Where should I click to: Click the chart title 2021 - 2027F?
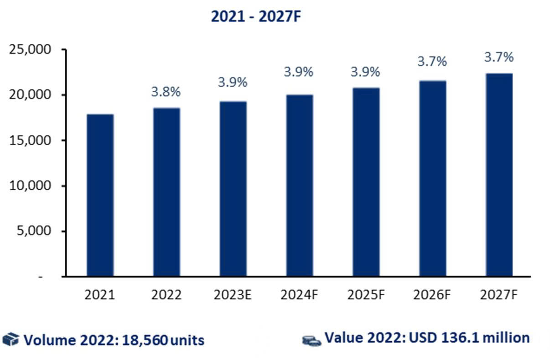[x=257, y=16]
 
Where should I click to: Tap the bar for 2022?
[x=166, y=192]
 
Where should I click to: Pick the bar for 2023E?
[x=233, y=189]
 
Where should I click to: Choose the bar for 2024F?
[x=300, y=186]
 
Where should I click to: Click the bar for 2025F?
[x=366, y=182]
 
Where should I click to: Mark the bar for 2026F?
[x=432, y=178]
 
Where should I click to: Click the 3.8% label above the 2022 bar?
[x=166, y=92]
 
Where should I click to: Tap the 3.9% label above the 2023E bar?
[x=233, y=83]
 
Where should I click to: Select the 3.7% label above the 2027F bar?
[x=499, y=57]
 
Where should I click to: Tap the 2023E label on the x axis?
[x=233, y=295]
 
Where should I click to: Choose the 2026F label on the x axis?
[x=432, y=295]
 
